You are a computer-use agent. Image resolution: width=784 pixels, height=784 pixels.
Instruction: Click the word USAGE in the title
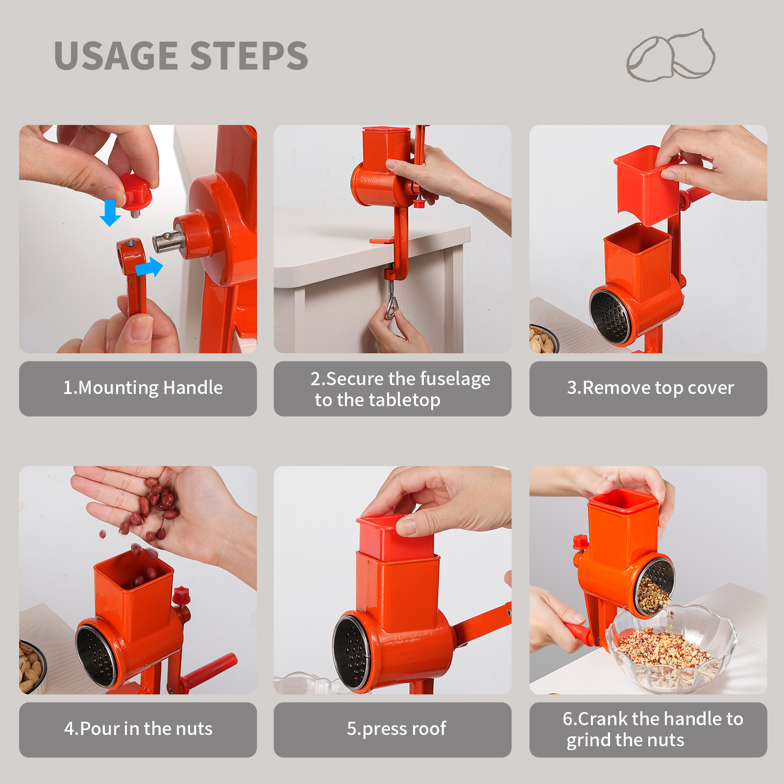point(116,55)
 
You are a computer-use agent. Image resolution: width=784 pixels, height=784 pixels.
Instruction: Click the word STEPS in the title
point(249,55)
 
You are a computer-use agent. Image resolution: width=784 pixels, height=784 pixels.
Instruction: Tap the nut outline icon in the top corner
point(671,55)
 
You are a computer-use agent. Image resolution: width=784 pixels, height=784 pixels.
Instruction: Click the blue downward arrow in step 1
point(110,212)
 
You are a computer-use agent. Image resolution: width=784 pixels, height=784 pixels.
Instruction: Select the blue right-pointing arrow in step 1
point(148,268)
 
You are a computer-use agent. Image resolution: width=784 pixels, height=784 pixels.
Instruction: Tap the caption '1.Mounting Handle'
point(143,388)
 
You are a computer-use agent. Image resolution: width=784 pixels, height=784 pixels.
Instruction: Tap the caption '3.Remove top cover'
point(650,388)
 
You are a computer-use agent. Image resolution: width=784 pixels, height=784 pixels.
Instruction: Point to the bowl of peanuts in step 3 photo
point(543,339)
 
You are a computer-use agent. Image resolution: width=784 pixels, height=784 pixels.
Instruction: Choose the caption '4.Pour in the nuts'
point(138,729)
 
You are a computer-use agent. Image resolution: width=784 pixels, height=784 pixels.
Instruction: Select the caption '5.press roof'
point(396,729)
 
